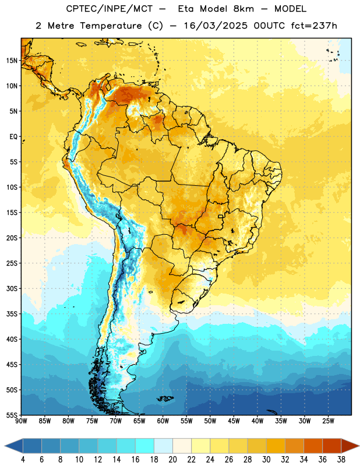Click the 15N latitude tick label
[x=12, y=61]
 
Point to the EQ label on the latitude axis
[x=13, y=137]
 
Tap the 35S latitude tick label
[x=12, y=314]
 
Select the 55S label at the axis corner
[x=12, y=415]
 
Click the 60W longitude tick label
[x=163, y=421]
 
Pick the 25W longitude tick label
[x=328, y=421]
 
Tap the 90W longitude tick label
[x=21, y=421]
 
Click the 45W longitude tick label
[x=234, y=421]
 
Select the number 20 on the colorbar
[x=172, y=460]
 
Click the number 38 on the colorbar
[x=341, y=460]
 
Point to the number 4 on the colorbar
[x=23, y=460]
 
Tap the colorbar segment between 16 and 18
[x=144, y=446]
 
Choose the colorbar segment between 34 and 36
[x=313, y=446]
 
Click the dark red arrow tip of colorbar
[x=359, y=446]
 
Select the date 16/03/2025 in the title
[x=216, y=26]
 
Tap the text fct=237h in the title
[x=314, y=26]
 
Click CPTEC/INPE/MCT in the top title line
[x=110, y=9]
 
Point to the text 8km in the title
[x=243, y=9]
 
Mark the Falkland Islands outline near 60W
[x=165, y=398]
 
